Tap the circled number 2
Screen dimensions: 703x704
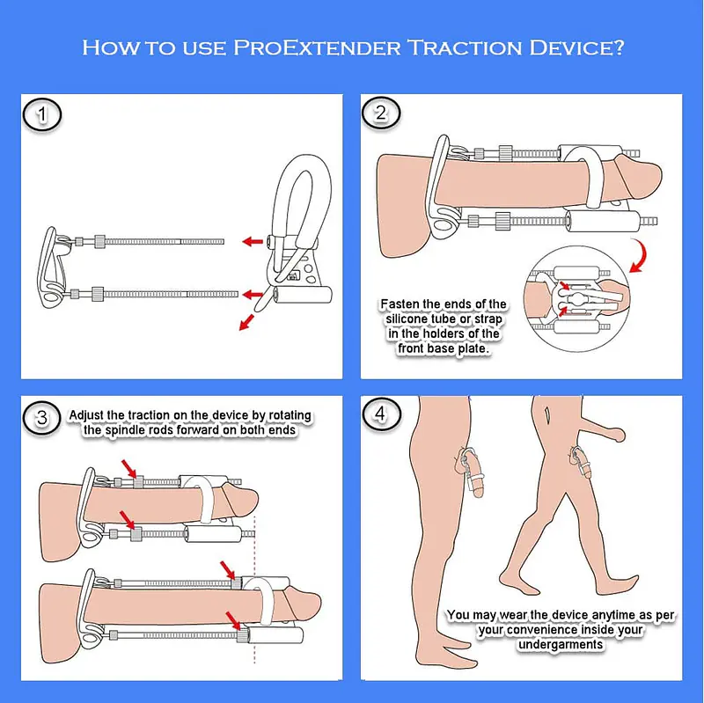click(x=381, y=114)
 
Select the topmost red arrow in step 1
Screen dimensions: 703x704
click(x=255, y=240)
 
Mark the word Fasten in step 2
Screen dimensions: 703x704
click(x=403, y=304)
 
